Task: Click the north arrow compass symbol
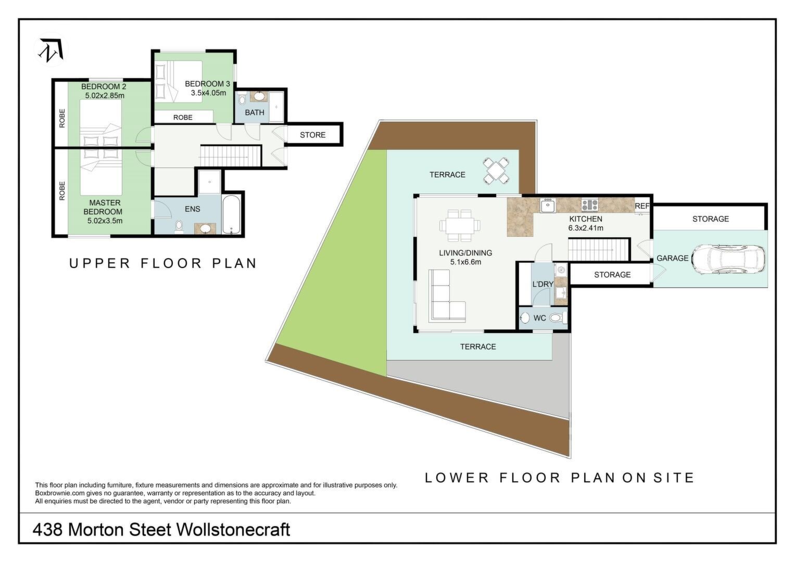tap(51, 49)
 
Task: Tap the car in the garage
tap(728, 259)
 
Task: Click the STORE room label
tap(313, 135)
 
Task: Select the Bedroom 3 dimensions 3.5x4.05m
tap(208, 93)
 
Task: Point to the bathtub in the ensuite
tap(231, 214)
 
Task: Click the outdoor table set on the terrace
tap(496, 171)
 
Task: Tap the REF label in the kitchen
tap(642, 206)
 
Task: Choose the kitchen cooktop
tap(589, 205)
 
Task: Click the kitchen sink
tap(548, 206)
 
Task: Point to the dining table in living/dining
tap(460, 225)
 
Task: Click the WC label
tap(539, 318)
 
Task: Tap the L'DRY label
tap(542, 284)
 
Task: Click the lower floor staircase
tap(598, 250)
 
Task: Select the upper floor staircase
tap(231, 156)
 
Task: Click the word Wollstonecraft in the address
tap(233, 530)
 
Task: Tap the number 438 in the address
tap(47, 530)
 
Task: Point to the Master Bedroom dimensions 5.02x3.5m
tap(105, 221)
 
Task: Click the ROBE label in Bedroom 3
tap(183, 118)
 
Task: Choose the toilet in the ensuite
tap(179, 227)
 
